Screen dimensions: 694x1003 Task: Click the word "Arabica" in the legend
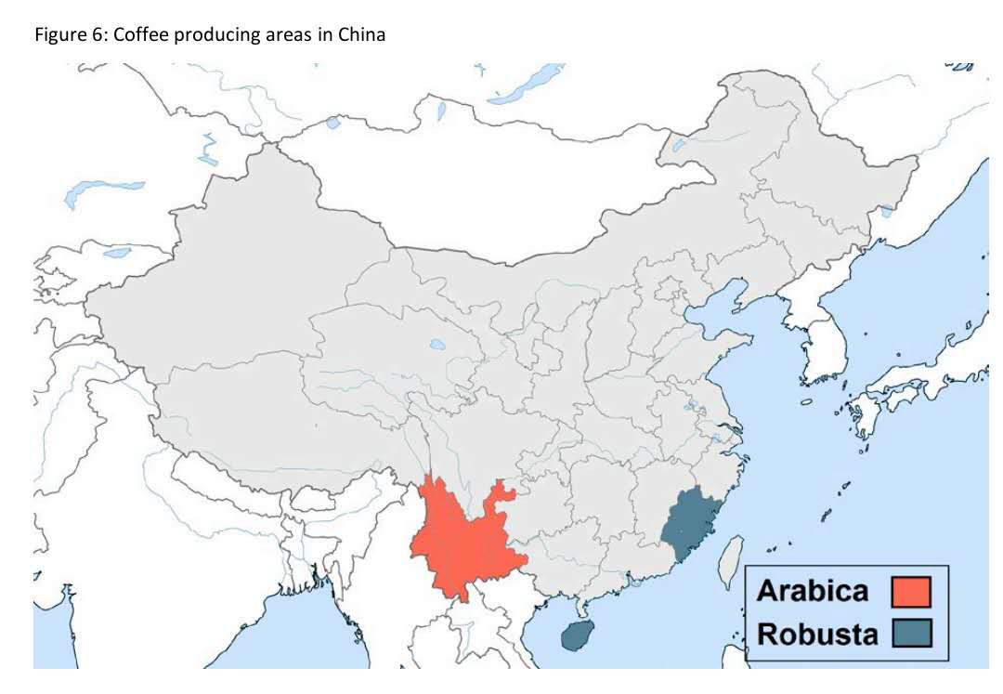coord(812,591)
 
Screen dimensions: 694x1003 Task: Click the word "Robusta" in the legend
coord(816,635)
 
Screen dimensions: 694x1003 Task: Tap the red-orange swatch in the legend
coord(909,591)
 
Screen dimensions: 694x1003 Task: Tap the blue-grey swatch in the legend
coord(909,635)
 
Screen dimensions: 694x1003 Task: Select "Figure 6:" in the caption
coord(62,36)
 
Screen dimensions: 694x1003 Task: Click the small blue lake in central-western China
coord(437,347)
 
